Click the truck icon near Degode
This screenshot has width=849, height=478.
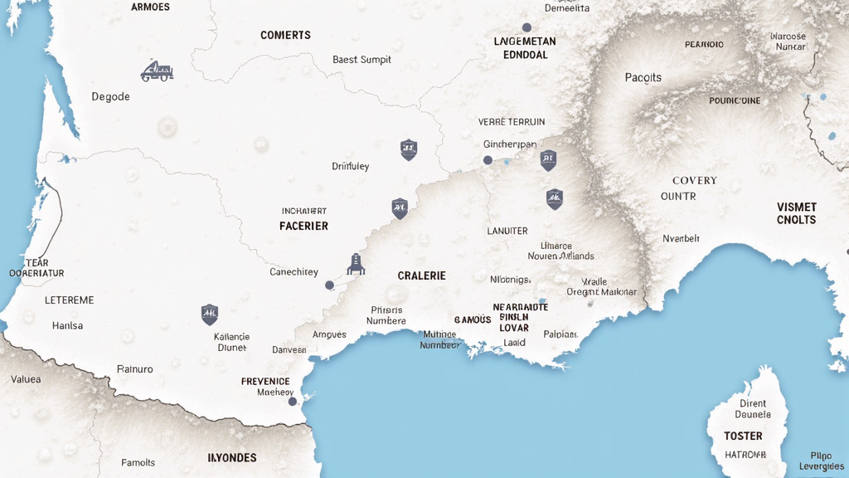pos(157,71)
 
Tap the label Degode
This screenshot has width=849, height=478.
pos(110,96)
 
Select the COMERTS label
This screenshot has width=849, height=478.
pos(285,35)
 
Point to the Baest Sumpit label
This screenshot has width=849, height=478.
pos(361,60)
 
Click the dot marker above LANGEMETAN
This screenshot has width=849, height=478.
pos(526,27)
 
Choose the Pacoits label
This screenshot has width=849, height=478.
pos(643,77)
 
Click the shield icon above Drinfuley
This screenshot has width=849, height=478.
pos(408,149)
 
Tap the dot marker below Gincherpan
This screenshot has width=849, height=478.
pos(488,160)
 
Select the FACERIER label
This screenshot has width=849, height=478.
pos(303,226)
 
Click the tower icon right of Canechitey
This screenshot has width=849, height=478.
pos(356,264)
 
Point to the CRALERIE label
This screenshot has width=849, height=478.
pos(421,276)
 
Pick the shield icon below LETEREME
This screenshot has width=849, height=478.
pos(210,314)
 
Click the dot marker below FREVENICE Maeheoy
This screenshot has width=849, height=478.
pos(292,402)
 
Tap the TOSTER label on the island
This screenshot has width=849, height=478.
pos(742,436)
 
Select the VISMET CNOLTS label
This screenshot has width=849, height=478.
pos(796,213)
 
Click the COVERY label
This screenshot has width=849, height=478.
pos(694,180)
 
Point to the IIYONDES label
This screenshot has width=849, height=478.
pos(231,457)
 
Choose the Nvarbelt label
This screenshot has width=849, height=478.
pos(682,238)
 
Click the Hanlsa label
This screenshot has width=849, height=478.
pos(67,326)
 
